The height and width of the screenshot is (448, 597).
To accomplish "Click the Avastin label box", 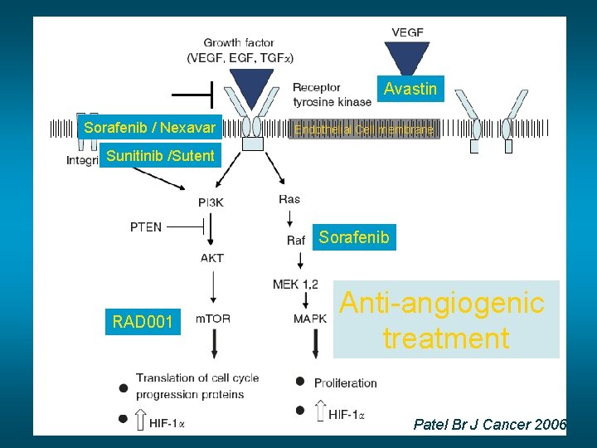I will coord(410,89).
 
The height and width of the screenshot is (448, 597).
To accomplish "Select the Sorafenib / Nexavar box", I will coord(149,128).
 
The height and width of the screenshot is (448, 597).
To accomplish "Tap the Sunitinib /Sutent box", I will coord(159,155).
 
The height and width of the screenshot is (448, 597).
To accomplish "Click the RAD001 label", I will coord(143,321).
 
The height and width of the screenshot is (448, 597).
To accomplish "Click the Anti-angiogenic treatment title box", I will coord(445,320).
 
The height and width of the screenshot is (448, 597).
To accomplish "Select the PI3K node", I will coord(211,202).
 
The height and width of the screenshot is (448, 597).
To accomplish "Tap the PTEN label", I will coord(146,226).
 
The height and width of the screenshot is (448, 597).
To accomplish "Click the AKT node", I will coord(211,258).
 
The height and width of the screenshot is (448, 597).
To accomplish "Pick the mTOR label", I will coord(212,319).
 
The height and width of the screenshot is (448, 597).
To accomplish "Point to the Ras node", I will coord(289,199).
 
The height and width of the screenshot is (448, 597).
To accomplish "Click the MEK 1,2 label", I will coord(295,285).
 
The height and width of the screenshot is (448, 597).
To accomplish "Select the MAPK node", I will coord(309,319).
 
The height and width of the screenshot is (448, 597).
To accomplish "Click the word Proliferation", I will coord(346,382).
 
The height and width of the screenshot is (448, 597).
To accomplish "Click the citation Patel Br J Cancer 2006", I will coord(490,425).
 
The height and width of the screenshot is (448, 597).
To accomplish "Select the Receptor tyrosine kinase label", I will coord(332,95).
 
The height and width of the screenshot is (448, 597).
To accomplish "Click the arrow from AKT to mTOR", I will coord(213,288).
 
